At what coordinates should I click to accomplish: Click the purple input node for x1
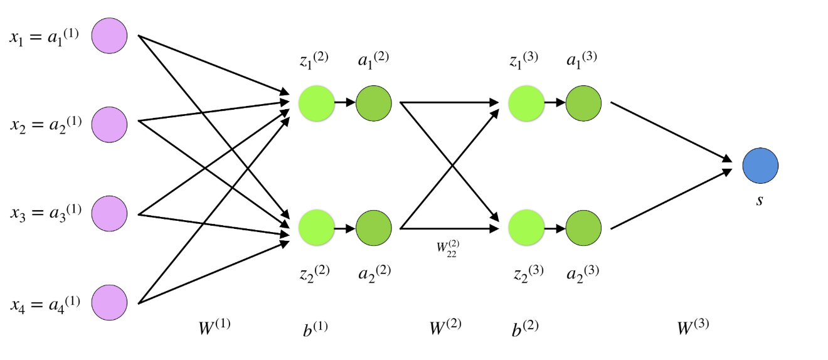coord(110,35)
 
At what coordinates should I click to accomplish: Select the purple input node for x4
coord(110,302)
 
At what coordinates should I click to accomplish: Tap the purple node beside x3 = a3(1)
coord(110,213)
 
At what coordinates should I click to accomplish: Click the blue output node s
coord(760,166)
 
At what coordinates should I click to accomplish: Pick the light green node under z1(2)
coord(316,102)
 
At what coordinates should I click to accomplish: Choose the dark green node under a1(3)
coord(583,102)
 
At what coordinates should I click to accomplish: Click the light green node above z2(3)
coord(526,228)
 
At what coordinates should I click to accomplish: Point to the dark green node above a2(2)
coord(374,228)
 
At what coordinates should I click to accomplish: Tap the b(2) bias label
coord(525,327)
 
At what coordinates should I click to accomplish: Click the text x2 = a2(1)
coord(45,124)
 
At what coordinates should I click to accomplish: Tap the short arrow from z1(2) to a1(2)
coord(344,102)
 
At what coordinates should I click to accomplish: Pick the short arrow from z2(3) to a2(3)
coord(555,228)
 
